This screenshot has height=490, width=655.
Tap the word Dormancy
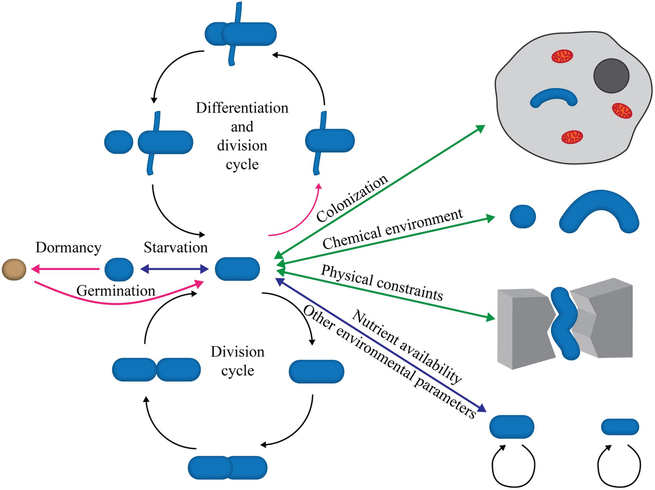(68, 248)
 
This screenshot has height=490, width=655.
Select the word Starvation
(176, 248)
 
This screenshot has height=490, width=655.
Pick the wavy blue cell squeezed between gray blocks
(563, 322)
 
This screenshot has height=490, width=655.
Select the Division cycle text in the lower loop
(237, 361)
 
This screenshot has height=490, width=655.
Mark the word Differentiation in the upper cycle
(242, 108)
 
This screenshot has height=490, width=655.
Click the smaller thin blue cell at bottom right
(620, 426)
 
